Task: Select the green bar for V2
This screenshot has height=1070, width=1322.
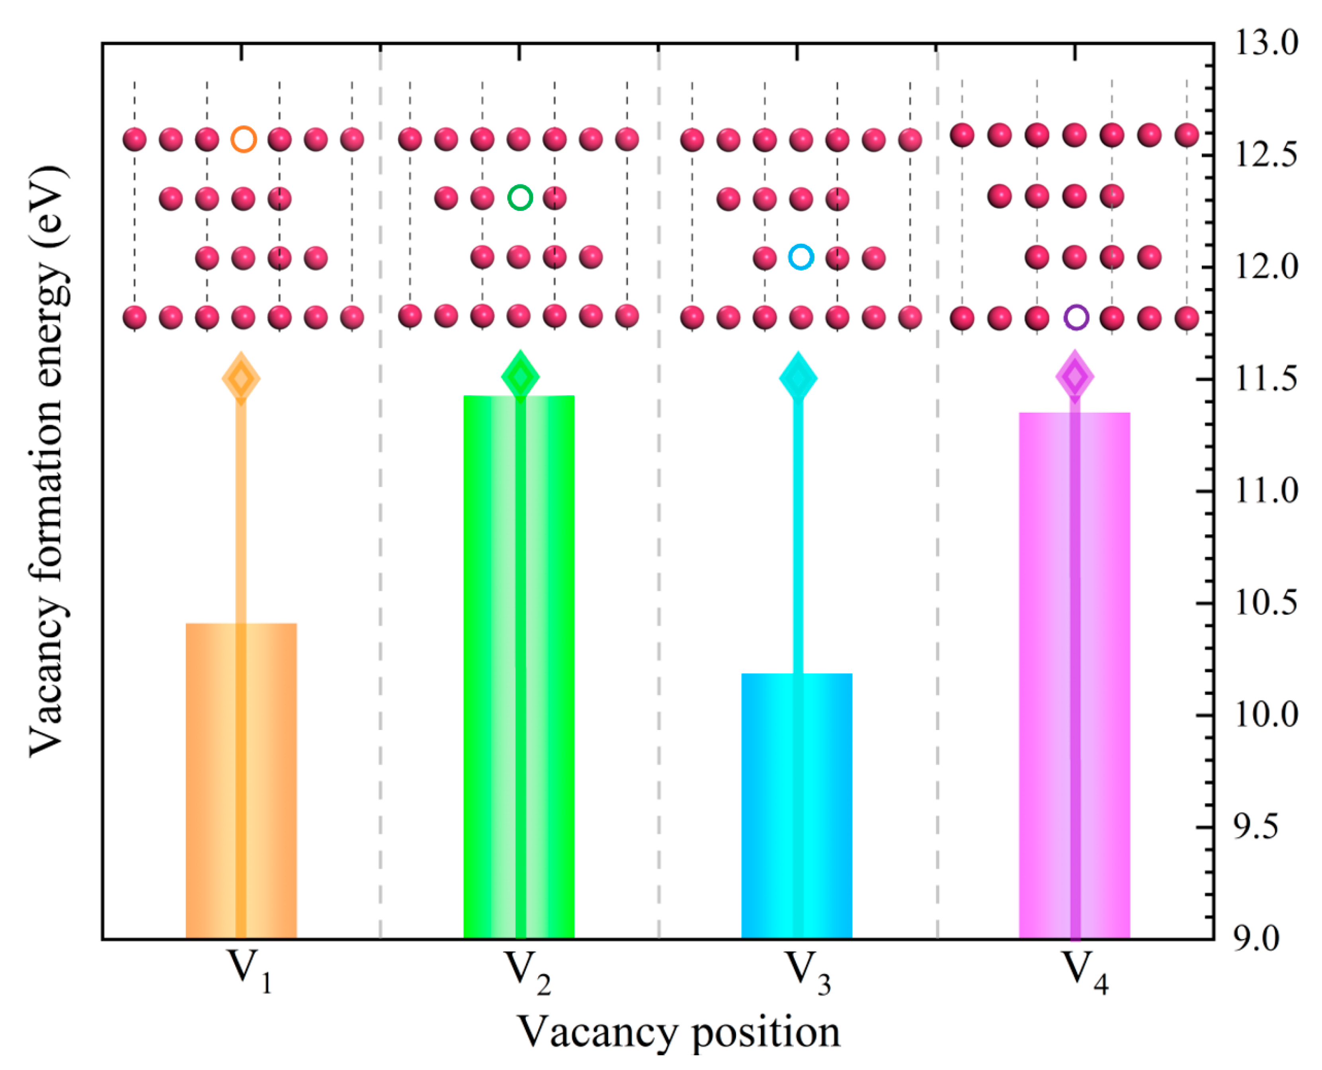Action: pyautogui.click(x=519, y=666)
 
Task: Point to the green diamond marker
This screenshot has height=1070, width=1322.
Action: pyautogui.click(x=520, y=377)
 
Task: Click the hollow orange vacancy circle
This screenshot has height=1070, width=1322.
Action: pyautogui.click(x=244, y=139)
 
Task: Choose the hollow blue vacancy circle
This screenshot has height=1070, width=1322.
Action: pyautogui.click(x=801, y=256)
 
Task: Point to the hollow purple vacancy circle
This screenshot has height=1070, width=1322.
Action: pyautogui.click(x=1076, y=317)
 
